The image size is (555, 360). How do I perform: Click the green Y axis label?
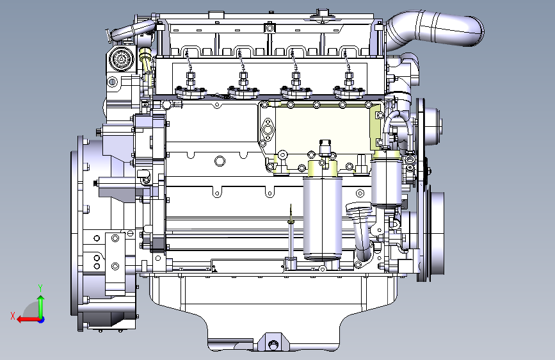point(40,288)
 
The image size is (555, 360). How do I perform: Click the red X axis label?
point(13,316)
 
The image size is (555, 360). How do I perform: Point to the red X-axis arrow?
point(28,320)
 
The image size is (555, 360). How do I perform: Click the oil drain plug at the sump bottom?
point(272,344)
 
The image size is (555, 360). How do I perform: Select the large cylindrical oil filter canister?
point(323,217)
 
